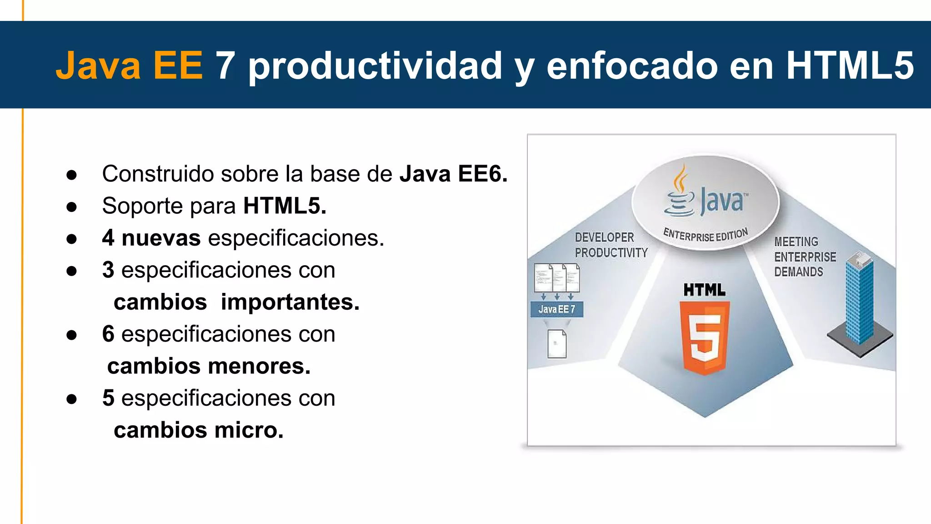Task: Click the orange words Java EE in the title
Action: tap(129, 65)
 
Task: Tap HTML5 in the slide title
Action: tap(850, 65)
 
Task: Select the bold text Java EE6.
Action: tap(453, 174)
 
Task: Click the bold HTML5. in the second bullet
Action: tap(285, 206)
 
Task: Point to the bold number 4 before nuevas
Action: tap(108, 238)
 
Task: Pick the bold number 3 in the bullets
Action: tap(108, 270)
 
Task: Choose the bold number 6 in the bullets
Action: tap(108, 334)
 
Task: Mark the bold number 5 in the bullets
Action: tap(108, 398)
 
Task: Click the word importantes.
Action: tap(290, 302)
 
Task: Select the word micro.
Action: tap(249, 430)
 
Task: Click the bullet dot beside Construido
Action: tap(71, 175)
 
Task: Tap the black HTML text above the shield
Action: tap(704, 290)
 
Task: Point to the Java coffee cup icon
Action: tap(679, 193)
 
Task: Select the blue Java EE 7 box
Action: tap(556, 309)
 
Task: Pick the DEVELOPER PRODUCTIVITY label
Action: tap(611, 245)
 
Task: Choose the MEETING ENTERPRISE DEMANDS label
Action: tap(805, 257)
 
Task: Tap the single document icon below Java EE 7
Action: tap(557, 344)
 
